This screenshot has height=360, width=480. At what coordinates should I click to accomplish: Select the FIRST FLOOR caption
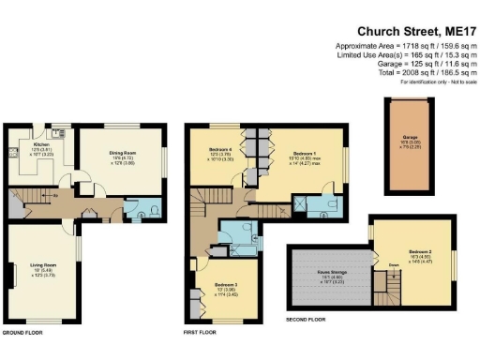point(200,333)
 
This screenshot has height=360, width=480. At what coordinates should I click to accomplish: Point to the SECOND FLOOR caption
point(305,320)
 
